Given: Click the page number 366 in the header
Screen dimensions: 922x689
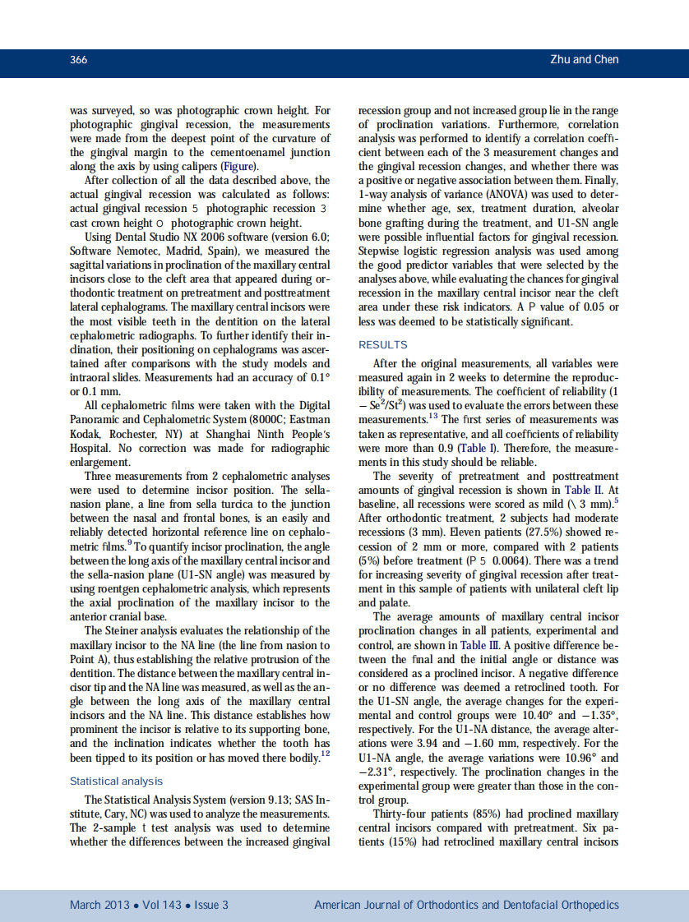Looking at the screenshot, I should pyautogui.click(x=79, y=60).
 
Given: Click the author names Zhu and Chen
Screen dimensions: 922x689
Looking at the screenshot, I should pyautogui.click(x=584, y=60).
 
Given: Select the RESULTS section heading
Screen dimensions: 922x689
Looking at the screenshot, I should pyautogui.click(x=382, y=344).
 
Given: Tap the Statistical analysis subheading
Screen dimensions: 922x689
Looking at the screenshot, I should pyautogui.click(x=116, y=781).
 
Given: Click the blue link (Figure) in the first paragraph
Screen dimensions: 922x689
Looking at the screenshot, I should pyautogui.click(x=228, y=165).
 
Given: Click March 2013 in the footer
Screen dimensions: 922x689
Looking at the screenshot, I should pyautogui.click(x=99, y=905).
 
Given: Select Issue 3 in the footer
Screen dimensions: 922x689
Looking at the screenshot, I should pyautogui.click(x=211, y=905).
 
